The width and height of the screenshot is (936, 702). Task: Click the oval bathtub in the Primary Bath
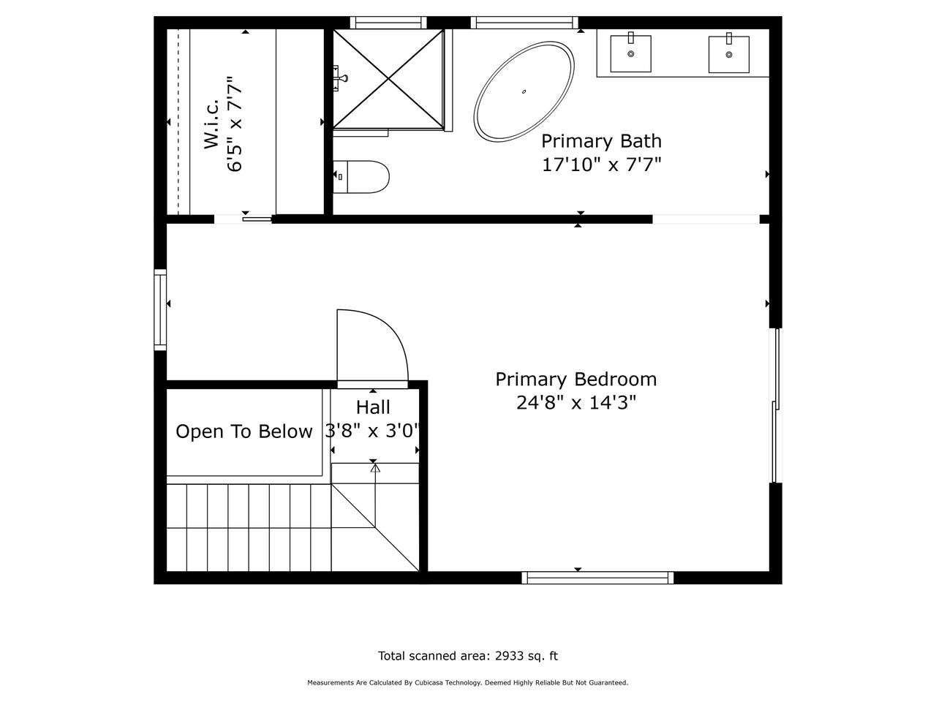[524, 91]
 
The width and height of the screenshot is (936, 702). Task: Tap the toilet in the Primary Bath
[361, 176]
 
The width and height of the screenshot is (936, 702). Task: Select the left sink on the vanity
[630, 53]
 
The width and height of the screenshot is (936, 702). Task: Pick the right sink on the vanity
[729, 53]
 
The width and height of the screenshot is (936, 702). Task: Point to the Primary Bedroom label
[575, 380]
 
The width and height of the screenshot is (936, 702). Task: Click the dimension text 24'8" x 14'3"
[575, 402]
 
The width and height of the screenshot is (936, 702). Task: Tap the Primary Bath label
[601, 141]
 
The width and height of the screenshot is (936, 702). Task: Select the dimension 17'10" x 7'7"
[601, 164]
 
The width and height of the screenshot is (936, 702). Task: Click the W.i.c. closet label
[211, 124]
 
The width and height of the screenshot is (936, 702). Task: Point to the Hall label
[373, 407]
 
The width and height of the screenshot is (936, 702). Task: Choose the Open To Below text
[244, 431]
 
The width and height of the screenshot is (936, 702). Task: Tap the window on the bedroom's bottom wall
[597, 578]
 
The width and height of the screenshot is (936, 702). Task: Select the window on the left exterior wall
[160, 310]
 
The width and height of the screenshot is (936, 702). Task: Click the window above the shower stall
[388, 23]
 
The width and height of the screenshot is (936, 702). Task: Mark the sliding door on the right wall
[776, 405]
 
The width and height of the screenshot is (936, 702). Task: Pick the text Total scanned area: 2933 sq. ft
[468, 655]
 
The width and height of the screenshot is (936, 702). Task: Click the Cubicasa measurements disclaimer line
[468, 682]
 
